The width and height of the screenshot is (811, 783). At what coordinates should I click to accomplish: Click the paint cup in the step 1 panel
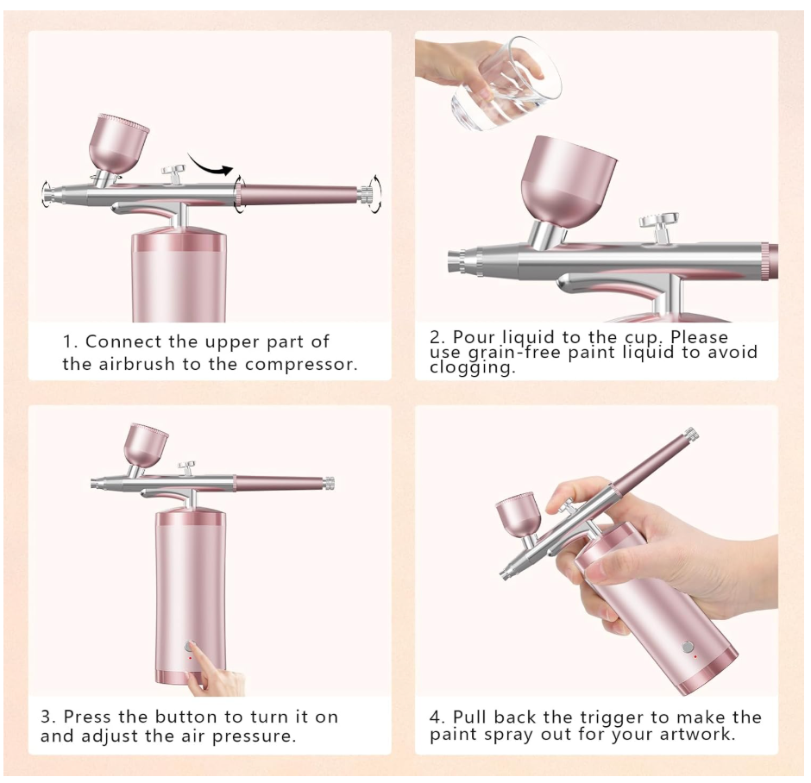tap(118, 144)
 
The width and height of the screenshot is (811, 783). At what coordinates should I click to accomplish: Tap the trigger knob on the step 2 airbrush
tap(658, 226)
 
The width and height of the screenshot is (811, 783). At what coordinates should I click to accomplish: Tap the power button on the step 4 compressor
tap(688, 647)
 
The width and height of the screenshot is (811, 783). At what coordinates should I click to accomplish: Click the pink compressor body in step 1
tap(179, 277)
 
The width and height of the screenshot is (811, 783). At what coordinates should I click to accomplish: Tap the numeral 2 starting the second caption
tap(436, 337)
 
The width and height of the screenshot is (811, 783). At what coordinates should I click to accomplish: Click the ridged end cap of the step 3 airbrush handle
tap(329, 484)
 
